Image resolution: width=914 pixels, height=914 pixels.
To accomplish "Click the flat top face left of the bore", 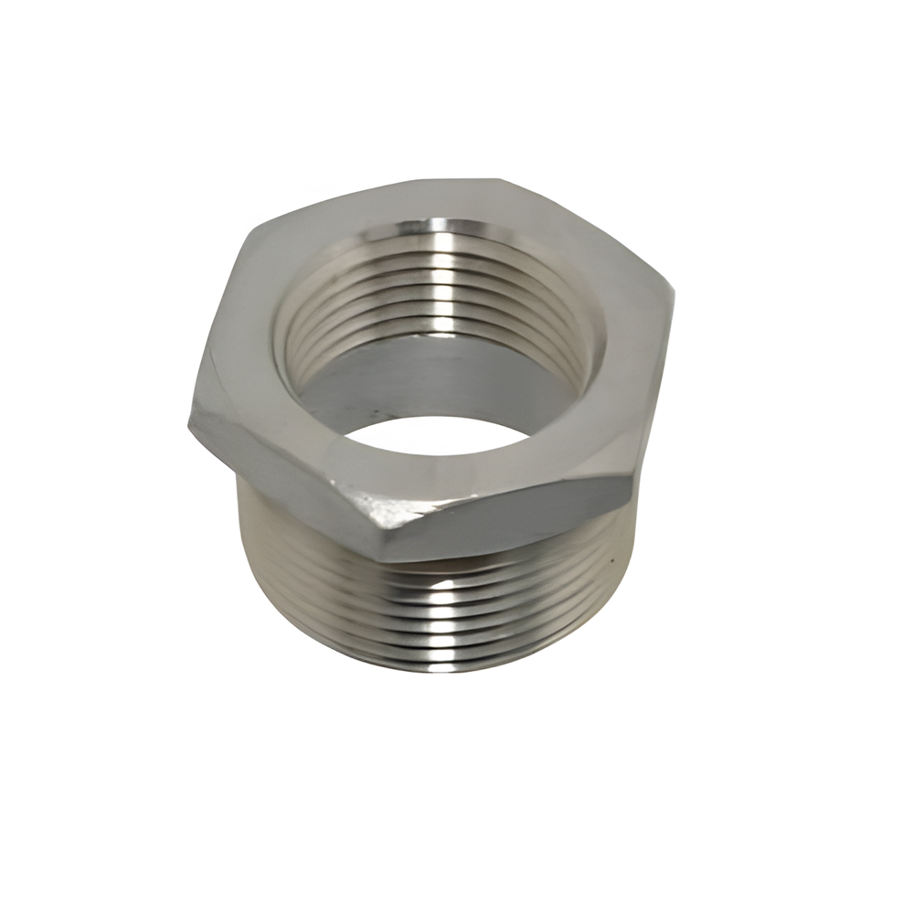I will [x=242, y=347].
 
